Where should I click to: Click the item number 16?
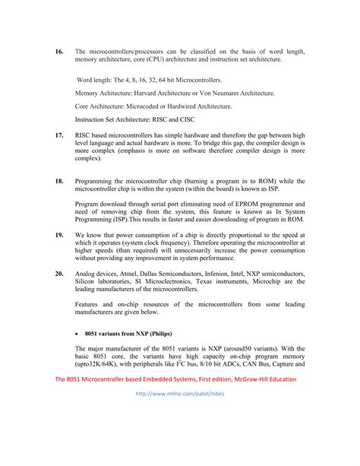click(x=58, y=51)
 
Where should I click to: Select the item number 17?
click(x=58, y=134)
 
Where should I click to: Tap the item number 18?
click(x=58, y=182)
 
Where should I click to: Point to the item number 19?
click(x=58, y=236)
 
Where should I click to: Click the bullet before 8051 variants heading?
click(x=78, y=333)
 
